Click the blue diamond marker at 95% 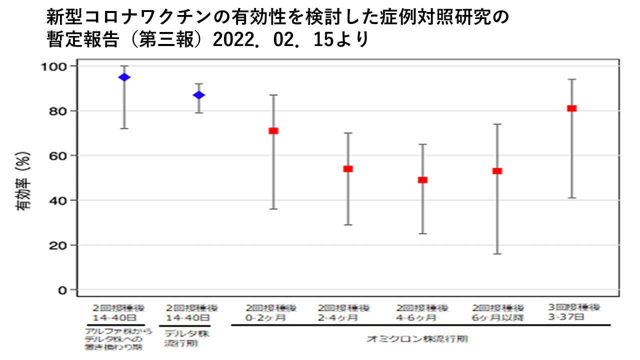point(124,77)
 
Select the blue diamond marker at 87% point(199,95)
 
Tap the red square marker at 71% point(273,130)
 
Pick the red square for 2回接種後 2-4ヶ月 point(348,169)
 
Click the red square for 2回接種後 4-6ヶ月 point(422,180)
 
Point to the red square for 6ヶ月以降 point(497,171)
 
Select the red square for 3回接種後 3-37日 point(572,108)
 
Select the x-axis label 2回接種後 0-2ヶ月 point(271,312)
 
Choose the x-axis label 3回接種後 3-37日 point(573,312)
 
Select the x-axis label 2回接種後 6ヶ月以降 point(498,312)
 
